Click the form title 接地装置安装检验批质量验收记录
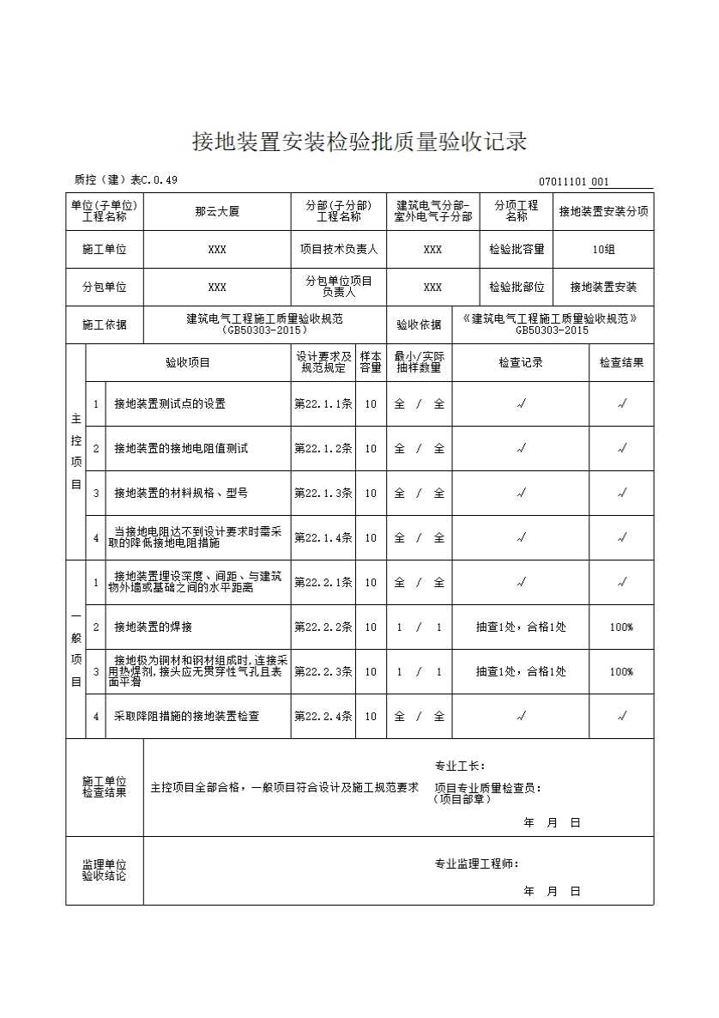pos(359,142)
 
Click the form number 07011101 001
pos(574,181)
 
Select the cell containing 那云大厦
pos(217,211)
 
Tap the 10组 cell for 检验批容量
pos(603,250)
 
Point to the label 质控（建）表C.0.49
pos(126,179)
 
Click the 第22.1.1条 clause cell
pos(323,403)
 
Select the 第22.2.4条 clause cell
pos(323,716)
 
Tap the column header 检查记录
pos(521,362)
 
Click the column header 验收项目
pos(188,362)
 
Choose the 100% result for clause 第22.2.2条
pos(621,627)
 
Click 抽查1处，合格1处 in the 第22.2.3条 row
pos(521,671)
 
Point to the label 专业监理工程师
pos(476,864)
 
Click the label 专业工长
pos(460,766)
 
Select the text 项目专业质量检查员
pos(487,788)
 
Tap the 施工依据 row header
pos(105,324)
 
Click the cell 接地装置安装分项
pos(603,211)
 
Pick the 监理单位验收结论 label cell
pos(105,870)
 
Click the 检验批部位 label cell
pos(517,288)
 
